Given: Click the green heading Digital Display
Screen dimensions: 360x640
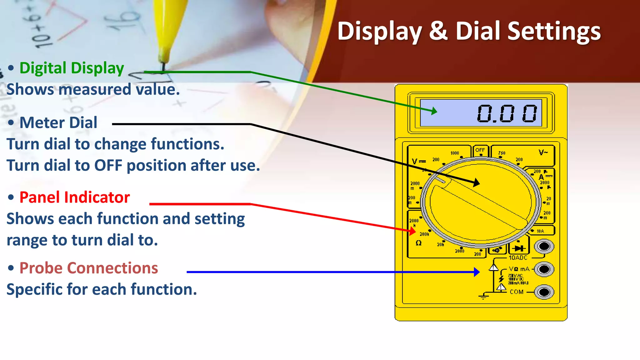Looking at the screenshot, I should coord(72,68).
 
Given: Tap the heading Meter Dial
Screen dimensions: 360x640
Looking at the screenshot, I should coord(58,122).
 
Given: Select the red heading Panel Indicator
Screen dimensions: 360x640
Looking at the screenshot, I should coord(74,197).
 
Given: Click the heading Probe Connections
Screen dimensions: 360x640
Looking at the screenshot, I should coord(88,268).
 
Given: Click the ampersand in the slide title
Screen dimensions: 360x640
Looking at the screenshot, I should coord(438,31).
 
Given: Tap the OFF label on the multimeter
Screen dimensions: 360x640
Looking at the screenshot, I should coord(480,150).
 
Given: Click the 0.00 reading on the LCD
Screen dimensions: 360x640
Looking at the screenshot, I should coord(507,113).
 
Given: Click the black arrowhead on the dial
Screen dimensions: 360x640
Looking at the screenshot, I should coord(476,183).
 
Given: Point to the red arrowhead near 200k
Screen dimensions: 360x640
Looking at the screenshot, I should coord(412,231).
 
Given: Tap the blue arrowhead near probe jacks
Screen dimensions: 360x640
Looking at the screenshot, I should coord(477,272).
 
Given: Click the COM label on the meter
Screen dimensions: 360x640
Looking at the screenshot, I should coord(517,292).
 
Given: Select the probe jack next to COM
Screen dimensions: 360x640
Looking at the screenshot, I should coord(544,292).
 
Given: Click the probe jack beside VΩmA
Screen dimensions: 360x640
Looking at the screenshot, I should coord(544,269).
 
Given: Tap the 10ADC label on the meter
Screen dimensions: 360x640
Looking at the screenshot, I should coord(518,258).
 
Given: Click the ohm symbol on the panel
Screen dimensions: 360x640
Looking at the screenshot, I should coord(419,243).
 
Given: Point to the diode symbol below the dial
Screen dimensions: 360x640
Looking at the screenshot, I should coord(519,248).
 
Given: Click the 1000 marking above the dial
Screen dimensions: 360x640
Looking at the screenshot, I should coord(455,153).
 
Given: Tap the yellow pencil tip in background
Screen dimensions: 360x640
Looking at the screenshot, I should coord(163,59).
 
